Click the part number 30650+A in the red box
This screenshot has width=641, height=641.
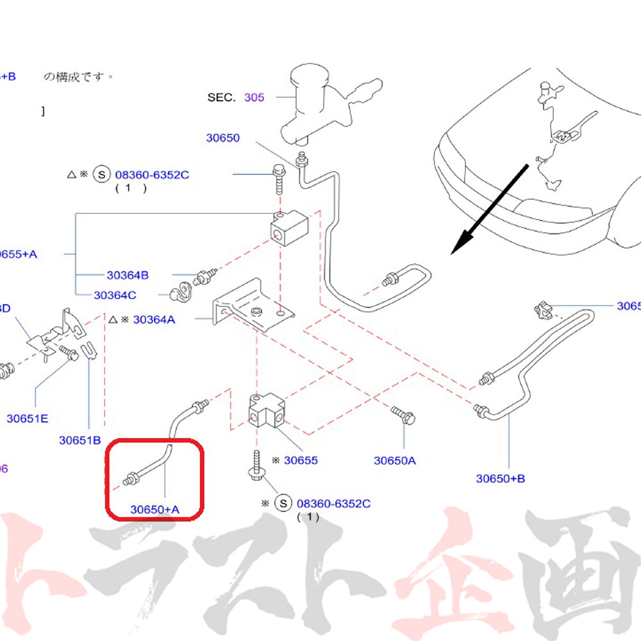point(155,510)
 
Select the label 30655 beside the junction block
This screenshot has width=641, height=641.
point(301,460)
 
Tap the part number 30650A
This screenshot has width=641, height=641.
point(395,460)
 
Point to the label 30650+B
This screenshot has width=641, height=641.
point(500,478)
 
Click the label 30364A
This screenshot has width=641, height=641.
point(154,319)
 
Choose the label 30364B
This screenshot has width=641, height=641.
point(128,275)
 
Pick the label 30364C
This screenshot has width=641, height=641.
point(115,296)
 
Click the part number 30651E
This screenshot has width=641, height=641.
point(28,419)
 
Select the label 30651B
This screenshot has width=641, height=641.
point(80,440)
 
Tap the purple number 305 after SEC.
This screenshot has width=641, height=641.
point(254,97)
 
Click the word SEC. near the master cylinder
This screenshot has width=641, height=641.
point(222,97)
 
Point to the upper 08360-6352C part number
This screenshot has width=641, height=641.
point(152,174)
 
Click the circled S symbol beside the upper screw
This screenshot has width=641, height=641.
point(101,174)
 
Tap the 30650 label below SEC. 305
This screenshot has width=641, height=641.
point(222,138)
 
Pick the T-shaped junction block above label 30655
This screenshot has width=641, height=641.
point(266,412)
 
